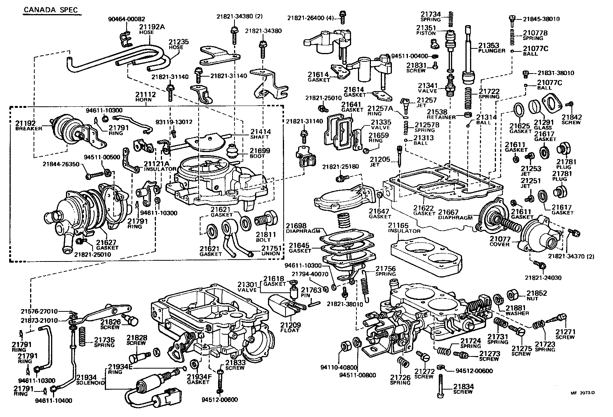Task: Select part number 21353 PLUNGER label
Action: coord(492,47)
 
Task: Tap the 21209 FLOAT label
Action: coord(290,327)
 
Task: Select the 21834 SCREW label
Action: coord(463,389)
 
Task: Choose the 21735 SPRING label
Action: coord(104,342)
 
